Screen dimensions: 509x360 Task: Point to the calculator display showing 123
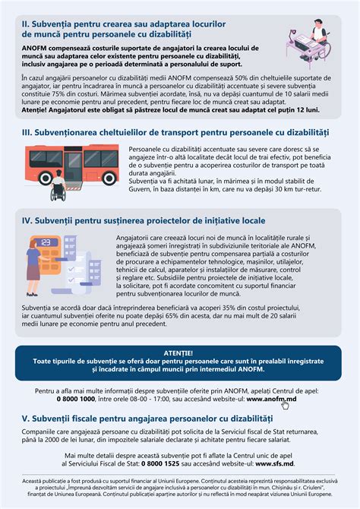47,244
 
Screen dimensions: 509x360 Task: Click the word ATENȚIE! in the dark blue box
180,353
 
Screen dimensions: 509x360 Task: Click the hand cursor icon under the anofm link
285,405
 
